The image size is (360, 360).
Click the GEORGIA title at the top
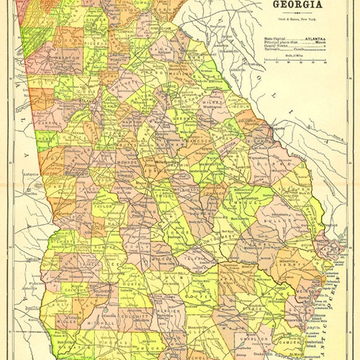click(298, 5)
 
